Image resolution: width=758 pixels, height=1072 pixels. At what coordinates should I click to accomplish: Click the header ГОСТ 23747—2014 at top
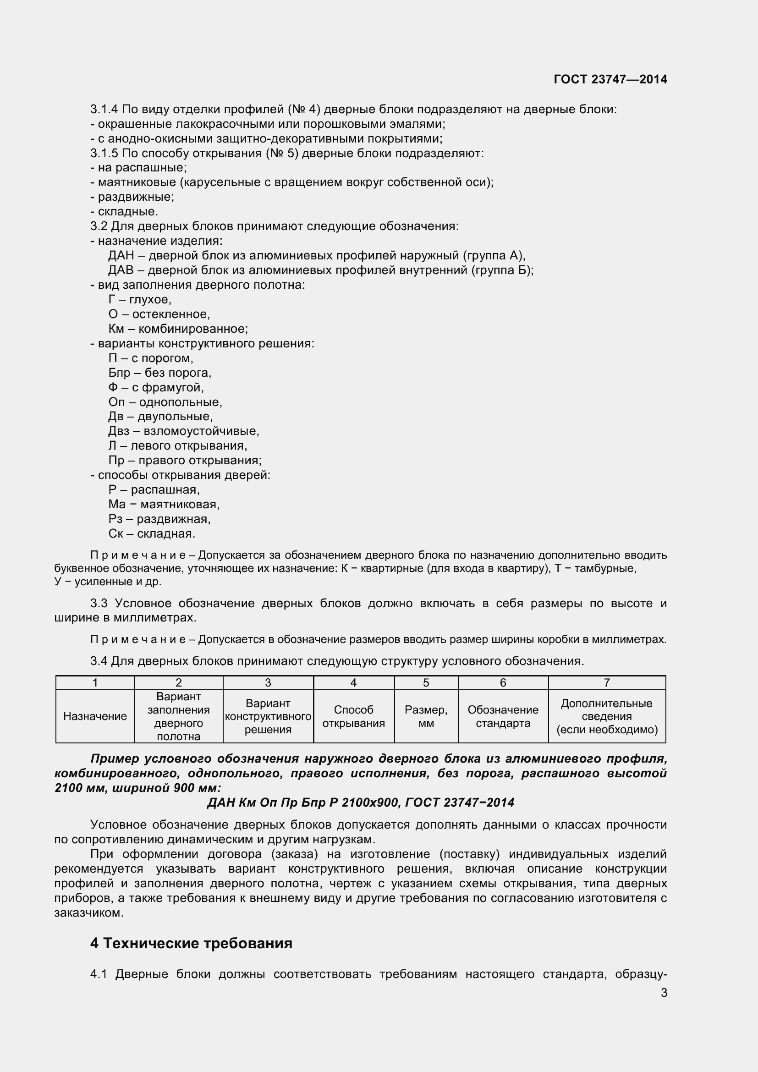pyautogui.click(x=610, y=79)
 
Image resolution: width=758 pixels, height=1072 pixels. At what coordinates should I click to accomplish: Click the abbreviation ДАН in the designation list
pyautogui.click(x=121, y=255)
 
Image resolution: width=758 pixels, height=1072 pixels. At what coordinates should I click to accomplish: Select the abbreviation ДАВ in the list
pyautogui.click(x=121, y=270)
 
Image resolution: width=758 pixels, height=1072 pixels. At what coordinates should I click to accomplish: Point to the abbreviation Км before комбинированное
pyautogui.click(x=116, y=329)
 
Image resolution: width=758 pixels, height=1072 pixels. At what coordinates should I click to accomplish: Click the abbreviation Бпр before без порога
pyautogui.click(x=119, y=373)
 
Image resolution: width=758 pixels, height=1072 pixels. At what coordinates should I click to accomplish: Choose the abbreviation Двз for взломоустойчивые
pyautogui.click(x=119, y=431)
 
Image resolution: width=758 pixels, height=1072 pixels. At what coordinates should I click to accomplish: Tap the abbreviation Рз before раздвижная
pyautogui.click(x=115, y=519)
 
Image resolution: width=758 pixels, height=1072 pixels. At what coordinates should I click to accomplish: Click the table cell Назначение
pyautogui.click(x=95, y=716)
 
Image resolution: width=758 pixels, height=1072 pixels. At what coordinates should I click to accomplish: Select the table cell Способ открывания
pyautogui.click(x=353, y=716)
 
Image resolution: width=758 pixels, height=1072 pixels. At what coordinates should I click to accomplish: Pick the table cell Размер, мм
pyautogui.click(x=426, y=716)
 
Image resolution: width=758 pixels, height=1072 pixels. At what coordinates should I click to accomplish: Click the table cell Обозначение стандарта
pyautogui.click(x=503, y=716)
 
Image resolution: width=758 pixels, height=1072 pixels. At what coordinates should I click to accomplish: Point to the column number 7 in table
pyautogui.click(x=606, y=682)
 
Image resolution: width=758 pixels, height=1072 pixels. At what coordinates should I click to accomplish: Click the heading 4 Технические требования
pyautogui.click(x=191, y=944)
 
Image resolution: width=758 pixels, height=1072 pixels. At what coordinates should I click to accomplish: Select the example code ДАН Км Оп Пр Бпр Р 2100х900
pyautogui.click(x=303, y=803)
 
